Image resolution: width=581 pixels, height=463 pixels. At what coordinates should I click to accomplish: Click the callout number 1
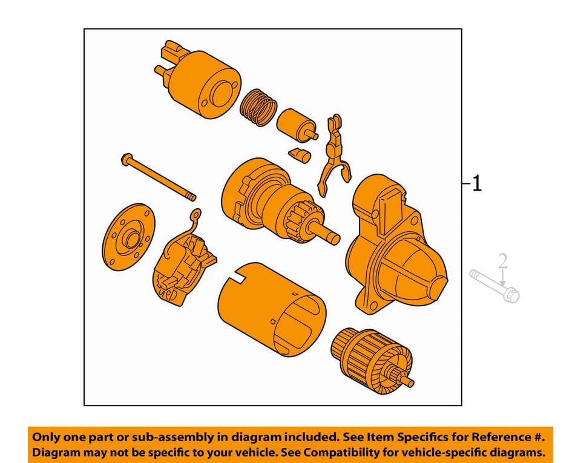pyautogui.click(x=477, y=183)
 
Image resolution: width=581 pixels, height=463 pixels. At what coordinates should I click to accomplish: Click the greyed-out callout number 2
pyautogui.click(x=502, y=261)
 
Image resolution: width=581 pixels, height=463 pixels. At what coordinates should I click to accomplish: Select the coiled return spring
pyautogui.click(x=258, y=107)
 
